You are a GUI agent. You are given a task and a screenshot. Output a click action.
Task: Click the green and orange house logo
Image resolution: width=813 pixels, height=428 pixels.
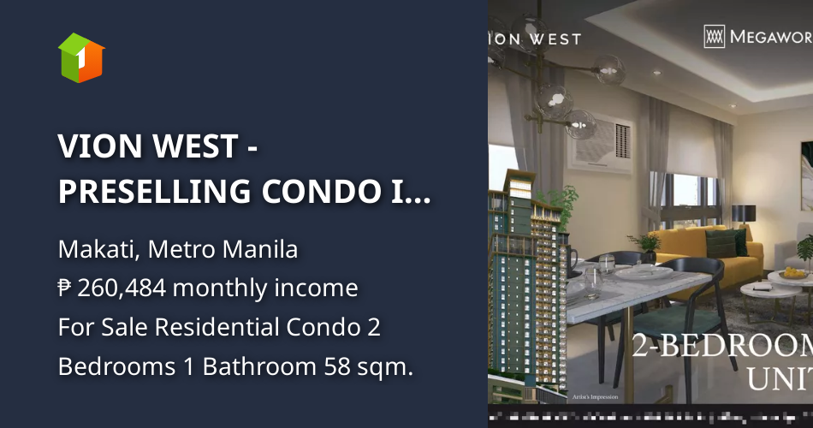(x=80, y=57)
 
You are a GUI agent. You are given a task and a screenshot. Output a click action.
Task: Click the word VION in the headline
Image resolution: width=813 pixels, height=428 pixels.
(x=99, y=147)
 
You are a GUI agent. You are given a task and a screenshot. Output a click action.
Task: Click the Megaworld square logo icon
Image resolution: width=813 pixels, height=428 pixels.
(x=714, y=36)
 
